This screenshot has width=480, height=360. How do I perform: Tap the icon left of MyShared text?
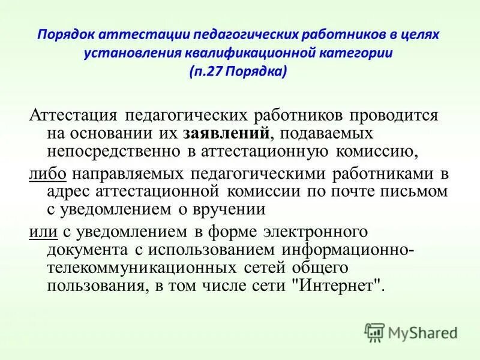pos(374,331)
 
